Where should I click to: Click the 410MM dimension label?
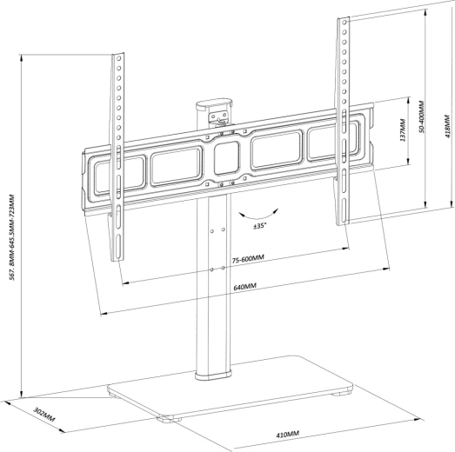pos(287,435)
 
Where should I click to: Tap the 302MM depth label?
pos(44,415)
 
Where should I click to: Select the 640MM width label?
pos(245,287)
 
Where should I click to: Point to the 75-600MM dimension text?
pos(248,259)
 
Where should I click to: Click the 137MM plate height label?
pos(403,130)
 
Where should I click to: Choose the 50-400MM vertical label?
pos(421,116)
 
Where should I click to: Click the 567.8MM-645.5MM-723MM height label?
pos(12,237)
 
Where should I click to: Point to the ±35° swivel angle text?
pos(260,226)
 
